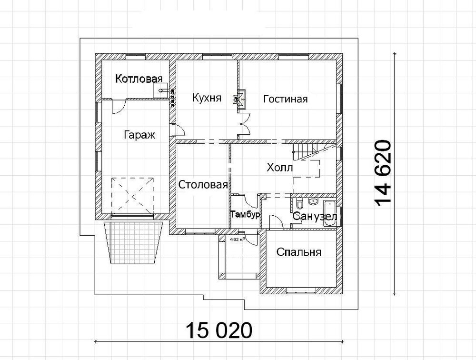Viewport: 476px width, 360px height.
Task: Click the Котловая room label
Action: click(139, 79)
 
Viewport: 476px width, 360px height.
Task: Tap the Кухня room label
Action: click(207, 98)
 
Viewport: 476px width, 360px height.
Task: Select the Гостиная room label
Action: click(285, 99)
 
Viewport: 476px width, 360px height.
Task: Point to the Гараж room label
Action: click(139, 134)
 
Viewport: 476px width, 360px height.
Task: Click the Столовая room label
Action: click(203, 185)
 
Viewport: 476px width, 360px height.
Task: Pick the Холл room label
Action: click(280, 168)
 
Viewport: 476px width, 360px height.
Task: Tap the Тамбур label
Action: click(245, 215)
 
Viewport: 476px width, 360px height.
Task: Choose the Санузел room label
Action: click(315, 217)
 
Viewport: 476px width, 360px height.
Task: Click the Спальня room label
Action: click(298, 252)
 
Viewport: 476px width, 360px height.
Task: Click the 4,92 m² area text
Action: click(238, 240)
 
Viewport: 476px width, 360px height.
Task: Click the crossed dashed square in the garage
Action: click(133, 196)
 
